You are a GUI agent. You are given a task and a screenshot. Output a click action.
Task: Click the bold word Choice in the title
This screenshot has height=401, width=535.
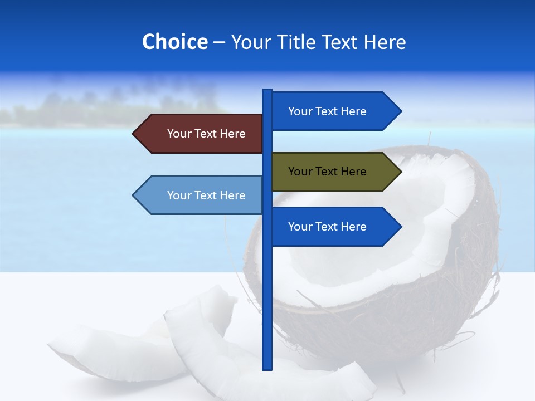click(174, 42)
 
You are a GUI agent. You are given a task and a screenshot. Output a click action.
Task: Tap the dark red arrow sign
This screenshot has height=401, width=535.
click(201, 134)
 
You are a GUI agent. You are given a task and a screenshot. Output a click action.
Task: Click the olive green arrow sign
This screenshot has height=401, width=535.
click(334, 172)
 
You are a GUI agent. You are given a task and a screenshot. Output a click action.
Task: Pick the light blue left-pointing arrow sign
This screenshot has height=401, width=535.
click(201, 195)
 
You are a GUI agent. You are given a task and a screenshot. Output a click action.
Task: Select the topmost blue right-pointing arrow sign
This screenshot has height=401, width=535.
click(334, 111)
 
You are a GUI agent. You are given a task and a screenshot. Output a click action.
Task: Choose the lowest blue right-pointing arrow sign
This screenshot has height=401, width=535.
click(334, 227)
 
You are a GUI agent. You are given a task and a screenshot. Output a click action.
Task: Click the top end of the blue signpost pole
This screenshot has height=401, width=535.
click(267, 91)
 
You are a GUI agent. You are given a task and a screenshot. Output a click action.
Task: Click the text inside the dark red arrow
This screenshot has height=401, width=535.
click(206, 134)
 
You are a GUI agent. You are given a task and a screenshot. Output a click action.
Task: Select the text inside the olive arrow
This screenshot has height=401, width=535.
click(327, 172)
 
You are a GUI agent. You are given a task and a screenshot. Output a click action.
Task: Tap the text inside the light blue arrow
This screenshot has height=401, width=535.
click(206, 195)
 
